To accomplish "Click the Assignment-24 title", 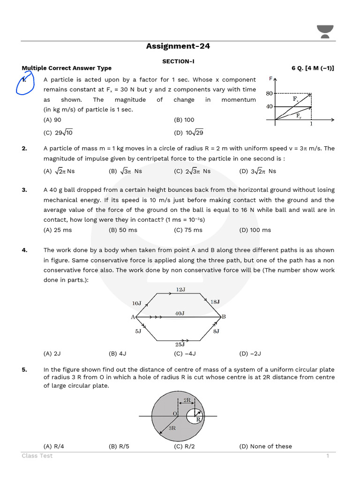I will click(178, 46).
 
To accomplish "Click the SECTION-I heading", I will click(178, 61).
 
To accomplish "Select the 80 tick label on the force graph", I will click(269, 93).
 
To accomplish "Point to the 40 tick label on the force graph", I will click(269, 106).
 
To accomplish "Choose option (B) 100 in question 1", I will click(184, 120).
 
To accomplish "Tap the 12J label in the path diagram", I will click(180, 290).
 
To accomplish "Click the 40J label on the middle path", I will click(180, 313).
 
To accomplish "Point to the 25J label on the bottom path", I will click(180, 345).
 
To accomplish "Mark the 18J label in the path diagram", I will click(215, 302).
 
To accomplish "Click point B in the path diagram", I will click(224, 317).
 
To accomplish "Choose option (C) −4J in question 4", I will click(185, 353).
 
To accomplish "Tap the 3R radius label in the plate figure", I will click(172, 428).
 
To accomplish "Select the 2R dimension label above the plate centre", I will click(187, 400).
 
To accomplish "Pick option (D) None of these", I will click(265, 446).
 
